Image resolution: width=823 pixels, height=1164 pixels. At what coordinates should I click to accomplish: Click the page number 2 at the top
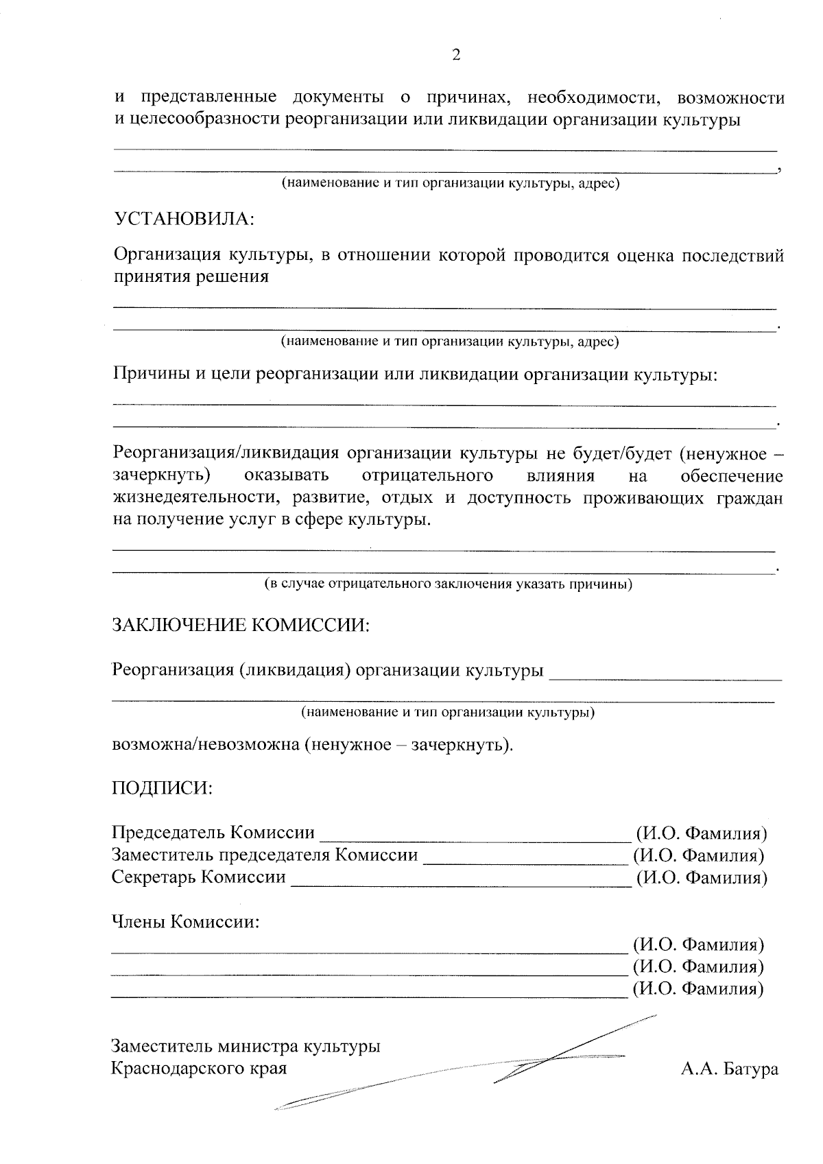[x=456, y=56]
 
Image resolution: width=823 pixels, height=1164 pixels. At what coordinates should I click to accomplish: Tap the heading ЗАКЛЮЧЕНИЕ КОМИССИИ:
[x=241, y=626]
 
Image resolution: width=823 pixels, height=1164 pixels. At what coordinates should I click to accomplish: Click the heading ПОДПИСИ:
[x=162, y=788]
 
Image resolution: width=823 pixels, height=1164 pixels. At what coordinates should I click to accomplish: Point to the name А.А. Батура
[x=730, y=1069]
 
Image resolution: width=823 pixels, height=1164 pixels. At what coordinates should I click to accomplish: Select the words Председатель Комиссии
[x=213, y=833]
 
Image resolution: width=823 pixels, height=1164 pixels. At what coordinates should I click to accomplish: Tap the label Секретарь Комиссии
[x=199, y=877]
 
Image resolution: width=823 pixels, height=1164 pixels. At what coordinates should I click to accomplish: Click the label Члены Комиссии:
[x=186, y=922]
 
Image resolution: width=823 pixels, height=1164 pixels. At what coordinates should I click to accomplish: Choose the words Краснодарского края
[x=199, y=1069]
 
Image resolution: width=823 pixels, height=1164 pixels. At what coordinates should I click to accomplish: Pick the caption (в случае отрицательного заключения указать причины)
[x=449, y=585]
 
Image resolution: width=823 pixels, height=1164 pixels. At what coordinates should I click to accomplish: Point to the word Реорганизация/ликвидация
[x=226, y=453]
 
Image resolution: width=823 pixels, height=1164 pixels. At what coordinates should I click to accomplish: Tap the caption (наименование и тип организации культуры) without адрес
[x=449, y=713]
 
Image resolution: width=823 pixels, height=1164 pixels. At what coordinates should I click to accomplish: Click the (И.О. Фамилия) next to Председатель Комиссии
[x=701, y=833]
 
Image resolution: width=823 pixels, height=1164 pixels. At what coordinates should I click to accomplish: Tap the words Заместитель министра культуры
[x=246, y=1047]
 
